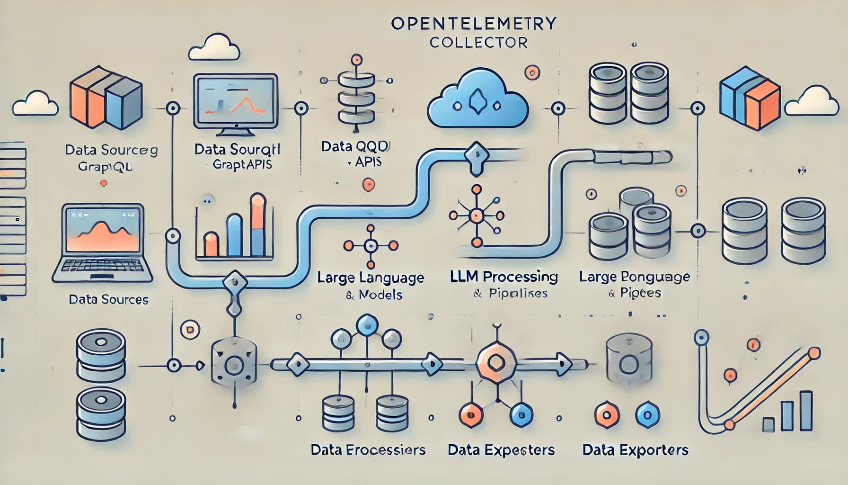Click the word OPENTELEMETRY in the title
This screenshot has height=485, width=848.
[474, 24]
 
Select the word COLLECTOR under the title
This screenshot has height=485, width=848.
[478, 43]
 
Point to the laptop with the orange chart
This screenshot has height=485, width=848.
[102, 242]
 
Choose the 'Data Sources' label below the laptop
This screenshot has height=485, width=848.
[108, 299]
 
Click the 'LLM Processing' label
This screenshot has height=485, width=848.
[504, 277]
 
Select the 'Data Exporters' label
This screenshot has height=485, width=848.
[635, 449]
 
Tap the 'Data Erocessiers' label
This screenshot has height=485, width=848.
[368, 449]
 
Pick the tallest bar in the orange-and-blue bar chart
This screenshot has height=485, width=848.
[258, 225]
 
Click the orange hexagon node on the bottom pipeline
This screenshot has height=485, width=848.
[495, 363]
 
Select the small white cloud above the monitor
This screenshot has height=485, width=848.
[214, 47]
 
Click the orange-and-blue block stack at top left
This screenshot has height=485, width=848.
[105, 98]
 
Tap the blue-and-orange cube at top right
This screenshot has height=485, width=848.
[749, 98]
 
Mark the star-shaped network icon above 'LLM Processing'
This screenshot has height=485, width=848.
[476, 216]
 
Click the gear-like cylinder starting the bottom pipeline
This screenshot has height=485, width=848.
[234, 365]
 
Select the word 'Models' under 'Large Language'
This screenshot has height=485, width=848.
[380, 295]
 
